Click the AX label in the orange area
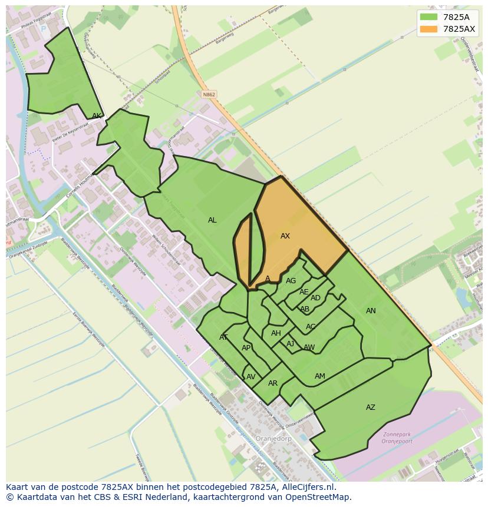[285, 236]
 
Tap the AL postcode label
[212, 220]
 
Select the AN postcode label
[371, 311]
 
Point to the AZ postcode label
[371, 407]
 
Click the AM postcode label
[320, 376]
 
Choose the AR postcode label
[273, 383]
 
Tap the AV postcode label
[251, 377]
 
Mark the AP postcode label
[246, 348]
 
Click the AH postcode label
[276, 333]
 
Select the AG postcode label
[291, 281]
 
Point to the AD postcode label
[315, 298]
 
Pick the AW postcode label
[309, 347]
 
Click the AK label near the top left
[97, 116]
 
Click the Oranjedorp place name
[273, 439]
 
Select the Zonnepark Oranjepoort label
[396, 438]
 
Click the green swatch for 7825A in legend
[428, 17]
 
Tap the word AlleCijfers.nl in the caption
[306, 487]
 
